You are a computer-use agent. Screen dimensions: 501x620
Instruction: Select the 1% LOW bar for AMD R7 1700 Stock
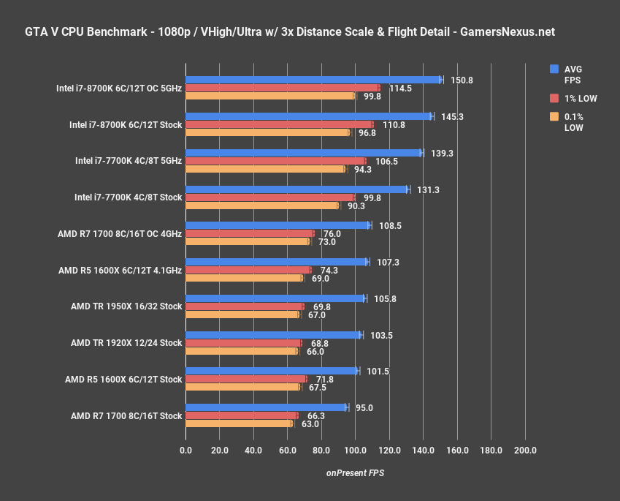[x=242, y=415]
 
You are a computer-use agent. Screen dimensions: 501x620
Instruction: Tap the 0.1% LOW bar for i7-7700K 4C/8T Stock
[x=262, y=206]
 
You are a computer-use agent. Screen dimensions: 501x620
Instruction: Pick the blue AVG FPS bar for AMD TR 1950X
[x=275, y=298]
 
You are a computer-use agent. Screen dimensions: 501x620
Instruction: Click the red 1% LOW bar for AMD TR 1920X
[x=244, y=343]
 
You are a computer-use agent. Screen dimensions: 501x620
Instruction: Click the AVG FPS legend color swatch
[x=554, y=69]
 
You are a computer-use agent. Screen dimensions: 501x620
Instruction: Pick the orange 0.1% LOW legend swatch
[x=554, y=116]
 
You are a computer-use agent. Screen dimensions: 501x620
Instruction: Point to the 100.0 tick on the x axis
[x=356, y=451]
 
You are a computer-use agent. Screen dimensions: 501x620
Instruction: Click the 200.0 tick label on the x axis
[x=525, y=451]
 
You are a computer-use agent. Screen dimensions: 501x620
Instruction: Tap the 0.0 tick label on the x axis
[x=185, y=451]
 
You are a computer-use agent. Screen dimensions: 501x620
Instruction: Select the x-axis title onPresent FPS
[x=355, y=473]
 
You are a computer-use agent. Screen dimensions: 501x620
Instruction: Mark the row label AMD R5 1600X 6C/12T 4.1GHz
[x=120, y=270]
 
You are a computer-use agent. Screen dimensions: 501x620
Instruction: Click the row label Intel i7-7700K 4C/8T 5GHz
[x=129, y=160]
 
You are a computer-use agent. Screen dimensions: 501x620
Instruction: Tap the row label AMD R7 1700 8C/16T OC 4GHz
[x=120, y=234]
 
